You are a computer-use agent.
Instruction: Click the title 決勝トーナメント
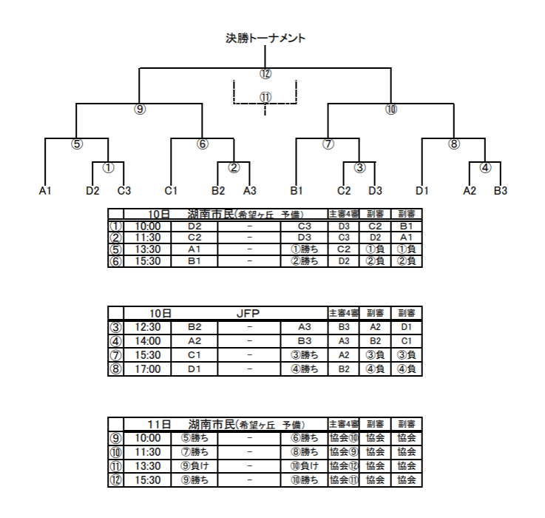pyautogui.click(x=265, y=38)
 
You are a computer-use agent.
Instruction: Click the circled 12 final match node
pyautogui.click(x=265, y=74)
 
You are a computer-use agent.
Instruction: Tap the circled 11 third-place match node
pyautogui.click(x=265, y=98)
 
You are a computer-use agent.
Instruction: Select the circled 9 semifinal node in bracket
pyautogui.click(x=139, y=110)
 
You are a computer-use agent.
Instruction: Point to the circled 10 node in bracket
pyautogui.click(x=391, y=110)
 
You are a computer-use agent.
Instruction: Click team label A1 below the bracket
pyautogui.click(x=45, y=191)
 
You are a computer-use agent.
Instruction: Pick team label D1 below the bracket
pyautogui.click(x=422, y=191)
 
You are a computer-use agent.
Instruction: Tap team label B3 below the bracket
pyautogui.click(x=501, y=191)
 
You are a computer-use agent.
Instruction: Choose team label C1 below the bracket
pyautogui.click(x=171, y=191)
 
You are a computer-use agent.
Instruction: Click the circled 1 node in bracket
pyautogui.click(x=108, y=168)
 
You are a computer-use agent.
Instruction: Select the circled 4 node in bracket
pyautogui.click(x=485, y=168)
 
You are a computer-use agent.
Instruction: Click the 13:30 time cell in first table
pyautogui.click(x=148, y=249)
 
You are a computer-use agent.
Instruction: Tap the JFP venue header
pyautogui.click(x=248, y=314)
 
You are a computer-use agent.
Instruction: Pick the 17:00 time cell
pyautogui.click(x=148, y=369)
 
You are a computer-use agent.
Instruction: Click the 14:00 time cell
pyautogui.click(x=148, y=341)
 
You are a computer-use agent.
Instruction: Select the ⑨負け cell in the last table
pyautogui.click(x=195, y=466)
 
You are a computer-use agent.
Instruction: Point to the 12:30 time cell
pyautogui.click(x=148, y=327)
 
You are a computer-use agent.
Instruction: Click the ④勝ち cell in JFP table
pyautogui.click(x=305, y=369)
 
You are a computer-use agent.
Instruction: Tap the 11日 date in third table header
pyautogui.click(x=160, y=425)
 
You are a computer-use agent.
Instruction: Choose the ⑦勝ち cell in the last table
pyautogui.click(x=195, y=452)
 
